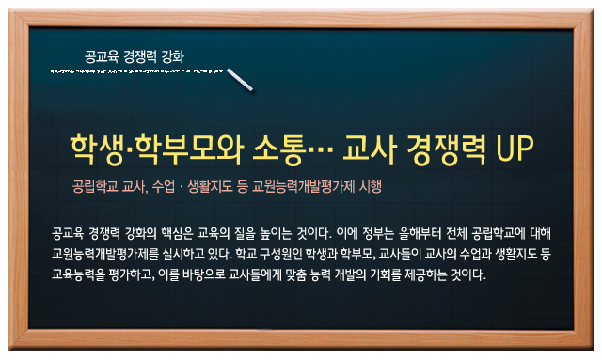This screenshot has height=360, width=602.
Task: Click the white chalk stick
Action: (240, 80)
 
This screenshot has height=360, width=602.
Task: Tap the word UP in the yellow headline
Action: (515, 149)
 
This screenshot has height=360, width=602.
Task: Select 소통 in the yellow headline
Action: (280, 149)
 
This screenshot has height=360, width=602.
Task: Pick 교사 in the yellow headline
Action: (370, 149)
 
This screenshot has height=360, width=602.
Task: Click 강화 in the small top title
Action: (173, 56)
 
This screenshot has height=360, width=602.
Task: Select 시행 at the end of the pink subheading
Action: (370, 187)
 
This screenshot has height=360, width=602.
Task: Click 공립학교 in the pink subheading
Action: (95, 187)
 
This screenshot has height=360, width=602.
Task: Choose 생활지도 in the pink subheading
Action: (210, 187)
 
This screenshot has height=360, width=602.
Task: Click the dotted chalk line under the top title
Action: (136, 71)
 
